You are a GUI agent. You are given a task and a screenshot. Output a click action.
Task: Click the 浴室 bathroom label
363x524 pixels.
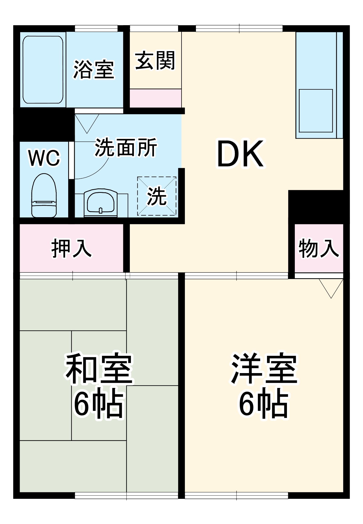point(94,69)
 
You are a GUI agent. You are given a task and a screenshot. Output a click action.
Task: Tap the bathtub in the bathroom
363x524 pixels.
point(43,70)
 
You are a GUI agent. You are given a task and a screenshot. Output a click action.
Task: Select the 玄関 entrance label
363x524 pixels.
point(155,61)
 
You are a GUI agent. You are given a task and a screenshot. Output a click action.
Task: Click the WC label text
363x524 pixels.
point(44,158)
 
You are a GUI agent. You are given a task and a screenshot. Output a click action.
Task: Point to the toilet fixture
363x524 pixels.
point(44,195)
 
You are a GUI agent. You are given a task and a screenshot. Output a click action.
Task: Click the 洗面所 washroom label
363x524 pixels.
point(126,147)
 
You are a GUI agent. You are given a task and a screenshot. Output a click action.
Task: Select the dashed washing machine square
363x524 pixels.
point(157,196)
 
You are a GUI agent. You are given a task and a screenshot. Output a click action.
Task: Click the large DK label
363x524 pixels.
point(240,154)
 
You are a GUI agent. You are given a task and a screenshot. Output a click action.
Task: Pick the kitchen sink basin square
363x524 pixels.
point(316,111)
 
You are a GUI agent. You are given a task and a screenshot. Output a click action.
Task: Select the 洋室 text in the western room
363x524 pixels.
point(264,369)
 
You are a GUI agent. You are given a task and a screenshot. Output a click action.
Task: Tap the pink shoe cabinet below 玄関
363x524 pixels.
point(156,98)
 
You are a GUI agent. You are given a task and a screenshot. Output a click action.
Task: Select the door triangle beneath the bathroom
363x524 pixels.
point(87,123)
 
